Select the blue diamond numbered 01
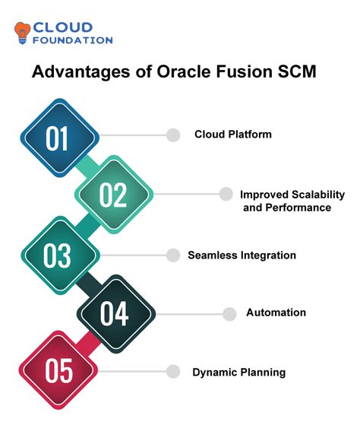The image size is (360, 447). coord(58,138)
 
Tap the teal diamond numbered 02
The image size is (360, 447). coord(113,195)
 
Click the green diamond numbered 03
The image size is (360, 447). coord(58,255)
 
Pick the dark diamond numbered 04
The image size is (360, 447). coord(114,313)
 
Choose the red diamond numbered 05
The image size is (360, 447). coord(58,371)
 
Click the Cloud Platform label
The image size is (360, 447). coord(233,135)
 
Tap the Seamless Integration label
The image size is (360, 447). coord(242,255)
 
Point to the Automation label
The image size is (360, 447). coord(276,312)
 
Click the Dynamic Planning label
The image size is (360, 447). coord(238,372)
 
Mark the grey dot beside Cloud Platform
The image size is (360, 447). coord(174,135)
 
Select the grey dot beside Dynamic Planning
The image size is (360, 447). coord(174,371)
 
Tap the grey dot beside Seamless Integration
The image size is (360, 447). coord(174,255)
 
